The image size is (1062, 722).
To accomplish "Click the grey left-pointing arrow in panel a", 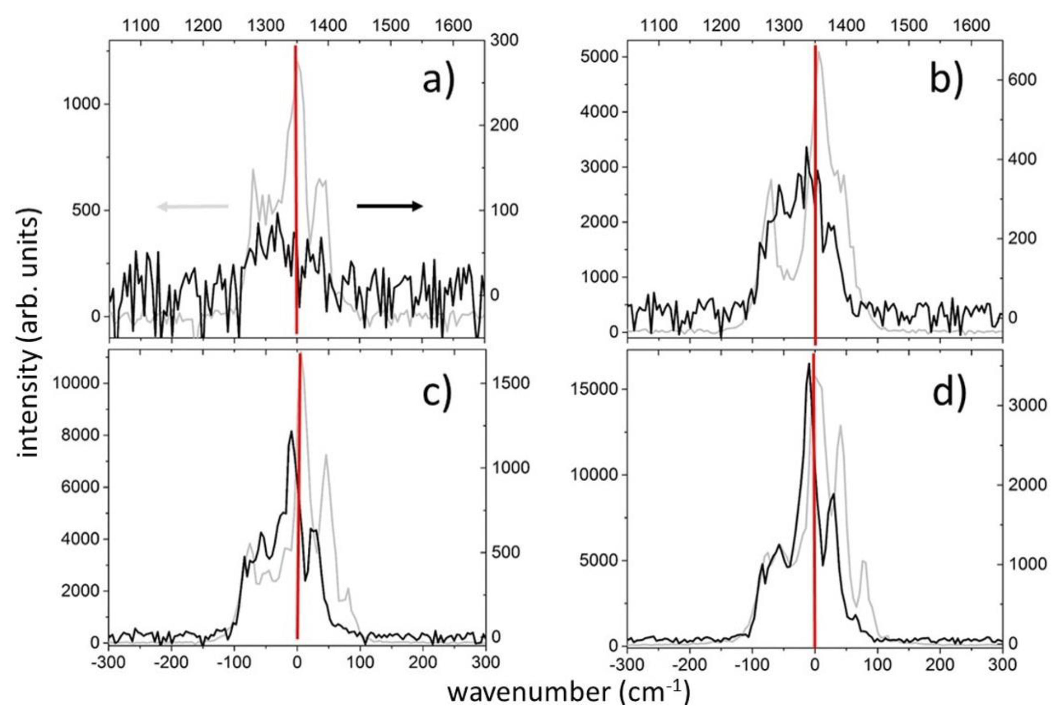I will pos(192,206).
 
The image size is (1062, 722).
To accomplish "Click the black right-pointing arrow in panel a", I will pos(389,206).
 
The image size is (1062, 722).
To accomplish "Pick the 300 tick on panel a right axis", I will pos(504,40).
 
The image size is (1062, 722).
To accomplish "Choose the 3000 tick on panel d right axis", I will pos(1027,405).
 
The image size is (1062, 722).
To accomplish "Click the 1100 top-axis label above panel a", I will pos(141,26).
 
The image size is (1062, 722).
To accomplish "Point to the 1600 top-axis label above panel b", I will pos(971,26).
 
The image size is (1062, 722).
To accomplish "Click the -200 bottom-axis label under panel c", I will pos(171,662).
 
